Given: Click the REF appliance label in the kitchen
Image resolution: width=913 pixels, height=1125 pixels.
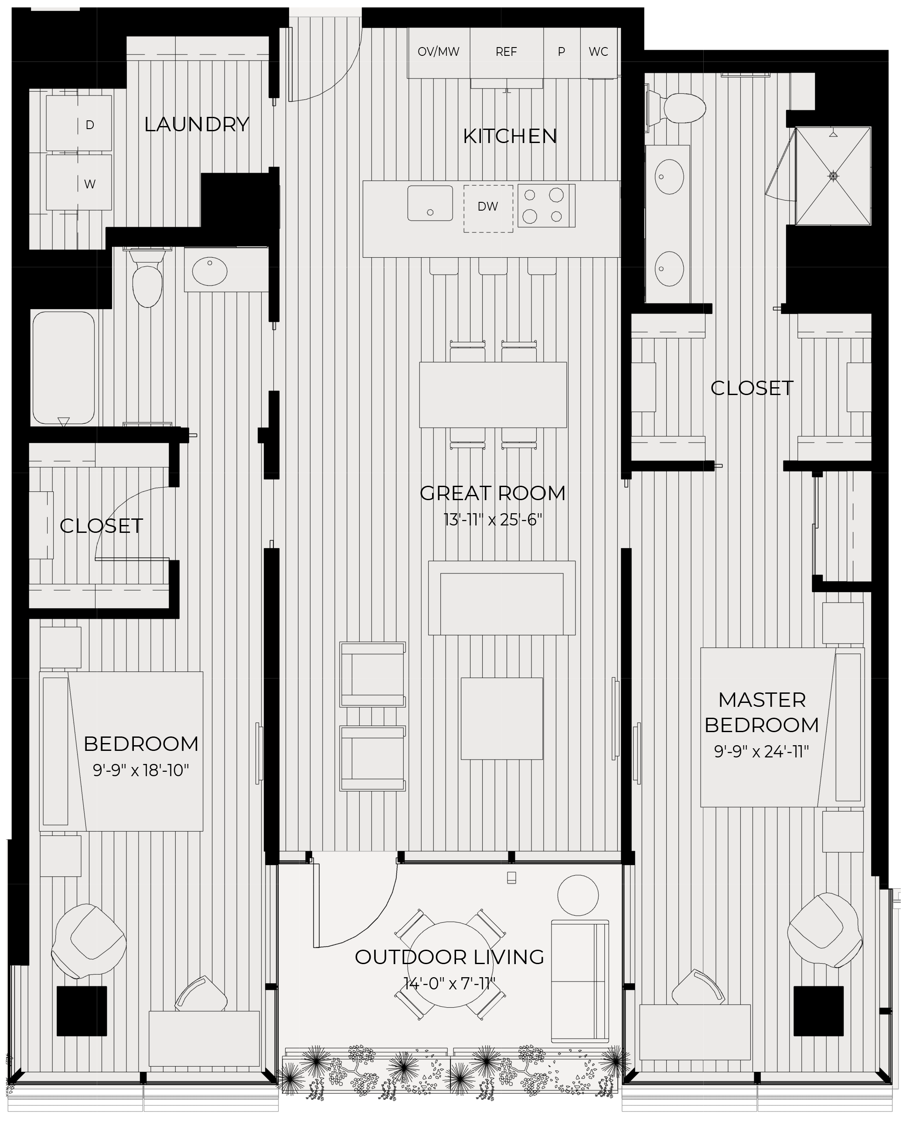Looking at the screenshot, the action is click(506, 51).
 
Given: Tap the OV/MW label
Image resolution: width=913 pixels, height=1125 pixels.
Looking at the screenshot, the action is click(438, 51).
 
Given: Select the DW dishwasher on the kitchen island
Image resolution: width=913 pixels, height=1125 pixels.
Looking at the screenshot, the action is click(488, 208).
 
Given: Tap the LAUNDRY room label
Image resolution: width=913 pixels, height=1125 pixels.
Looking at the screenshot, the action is click(197, 125).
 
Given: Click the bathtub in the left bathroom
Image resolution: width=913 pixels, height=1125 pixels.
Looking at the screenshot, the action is click(64, 368).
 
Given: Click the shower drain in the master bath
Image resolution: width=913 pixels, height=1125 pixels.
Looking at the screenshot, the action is click(833, 176).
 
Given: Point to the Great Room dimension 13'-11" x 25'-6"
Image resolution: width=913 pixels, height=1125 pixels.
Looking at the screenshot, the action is click(493, 520).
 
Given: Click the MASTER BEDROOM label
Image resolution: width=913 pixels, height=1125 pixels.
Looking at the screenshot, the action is click(762, 712).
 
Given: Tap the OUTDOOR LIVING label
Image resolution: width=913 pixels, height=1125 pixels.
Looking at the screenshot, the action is click(450, 957).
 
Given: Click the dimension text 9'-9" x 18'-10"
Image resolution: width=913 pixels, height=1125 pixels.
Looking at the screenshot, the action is click(141, 770).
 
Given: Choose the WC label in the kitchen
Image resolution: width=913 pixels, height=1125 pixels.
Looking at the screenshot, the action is click(599, 51).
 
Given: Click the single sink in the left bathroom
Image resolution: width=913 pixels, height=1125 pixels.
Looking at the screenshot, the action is click(210, 271).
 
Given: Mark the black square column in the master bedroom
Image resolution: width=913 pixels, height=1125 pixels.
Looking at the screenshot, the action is click(818, 1011).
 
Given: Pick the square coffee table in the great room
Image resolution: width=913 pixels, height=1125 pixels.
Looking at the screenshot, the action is click(502, 719).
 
